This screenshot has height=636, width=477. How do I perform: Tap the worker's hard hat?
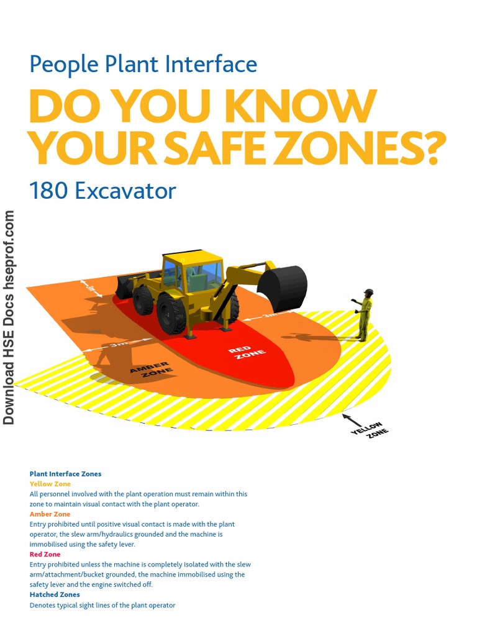click(x=368, y=291)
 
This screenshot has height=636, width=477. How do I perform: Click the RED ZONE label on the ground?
click(x=248, y=353)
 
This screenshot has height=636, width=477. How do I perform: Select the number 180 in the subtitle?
click(x=48, y=191)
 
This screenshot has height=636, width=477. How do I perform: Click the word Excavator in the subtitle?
click(x=125, y=191)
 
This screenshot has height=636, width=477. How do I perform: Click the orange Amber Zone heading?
click(x=50, y=514)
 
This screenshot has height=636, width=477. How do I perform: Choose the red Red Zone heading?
click(x=45, y=554)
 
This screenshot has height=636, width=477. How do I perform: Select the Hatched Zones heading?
click(x=55, y=594)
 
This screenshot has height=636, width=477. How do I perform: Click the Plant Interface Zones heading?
click(x=65, y=474)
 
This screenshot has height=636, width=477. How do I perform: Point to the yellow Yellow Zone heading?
click(x=50, y=484)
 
